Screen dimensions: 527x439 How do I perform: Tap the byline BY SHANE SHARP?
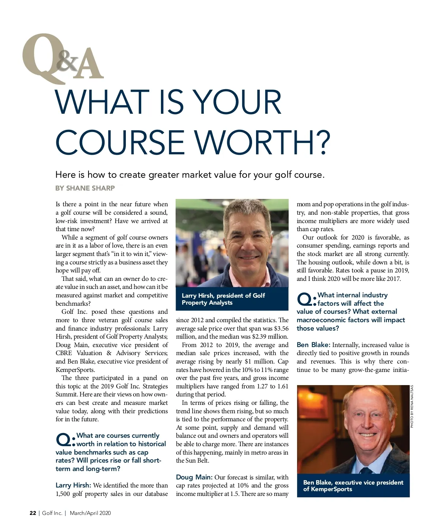85,188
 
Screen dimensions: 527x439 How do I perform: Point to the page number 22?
33,513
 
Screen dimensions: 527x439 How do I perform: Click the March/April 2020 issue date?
90,513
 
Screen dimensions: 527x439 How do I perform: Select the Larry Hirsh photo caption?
223,299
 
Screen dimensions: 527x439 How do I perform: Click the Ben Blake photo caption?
353,486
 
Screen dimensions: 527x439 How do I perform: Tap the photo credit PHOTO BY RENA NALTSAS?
412,406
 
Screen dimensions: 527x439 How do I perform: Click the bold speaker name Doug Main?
194,477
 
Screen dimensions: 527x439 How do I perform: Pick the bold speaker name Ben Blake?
314,345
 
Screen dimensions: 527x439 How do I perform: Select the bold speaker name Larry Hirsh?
73,485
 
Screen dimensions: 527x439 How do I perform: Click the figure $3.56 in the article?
281,328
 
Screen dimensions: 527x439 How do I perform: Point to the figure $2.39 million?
270,336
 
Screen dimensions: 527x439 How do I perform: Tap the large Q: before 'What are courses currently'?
65,440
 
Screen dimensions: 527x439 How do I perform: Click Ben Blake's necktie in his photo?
366,470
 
